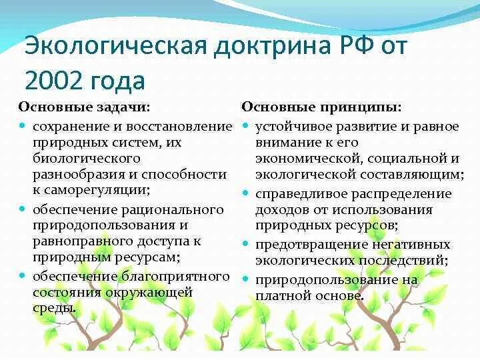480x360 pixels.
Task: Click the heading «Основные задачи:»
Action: coord(84,107)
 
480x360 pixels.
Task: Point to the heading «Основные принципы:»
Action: coord(321,107)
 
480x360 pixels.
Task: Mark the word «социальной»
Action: coord(413,159)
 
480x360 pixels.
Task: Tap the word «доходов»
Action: coord(279,210)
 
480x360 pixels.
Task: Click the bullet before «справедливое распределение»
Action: coord(245,194)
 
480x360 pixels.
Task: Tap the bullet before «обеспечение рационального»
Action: coord(23,209)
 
